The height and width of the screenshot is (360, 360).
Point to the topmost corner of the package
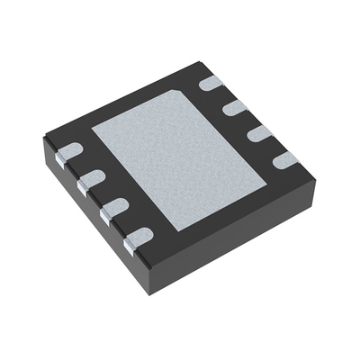[200, 60]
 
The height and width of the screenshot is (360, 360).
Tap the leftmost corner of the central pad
[92, 123]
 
